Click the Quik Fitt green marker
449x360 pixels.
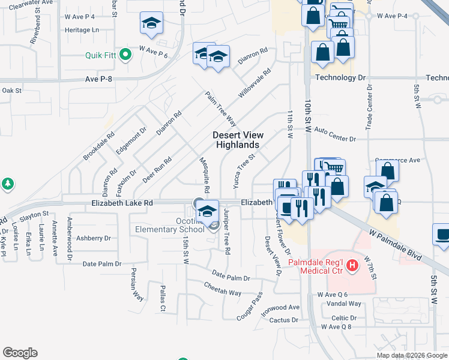tap(125, 55)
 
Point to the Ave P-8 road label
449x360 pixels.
tap(100, 79)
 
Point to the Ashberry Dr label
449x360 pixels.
tap(94, 238)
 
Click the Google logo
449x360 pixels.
tap(20, 353)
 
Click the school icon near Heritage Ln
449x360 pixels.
tap(151, 23)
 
